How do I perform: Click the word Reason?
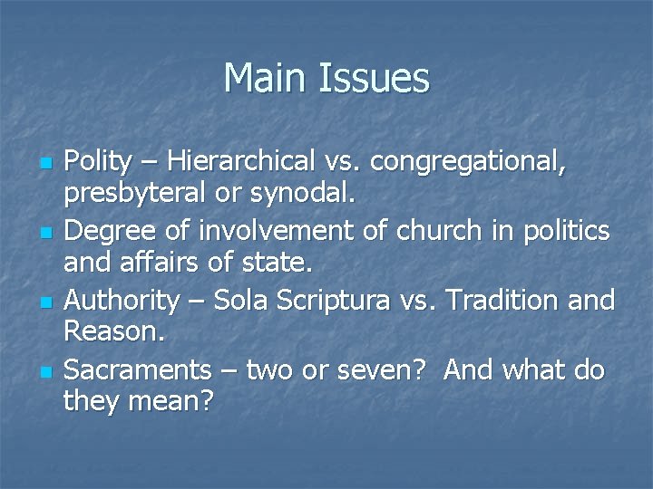114,332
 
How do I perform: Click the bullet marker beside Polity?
45,164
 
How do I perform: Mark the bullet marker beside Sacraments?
45,371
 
